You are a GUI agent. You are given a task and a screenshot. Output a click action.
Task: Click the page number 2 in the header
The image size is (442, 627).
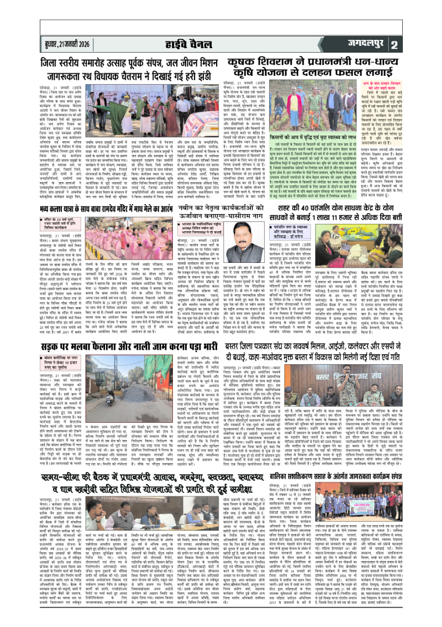point(425,45)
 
